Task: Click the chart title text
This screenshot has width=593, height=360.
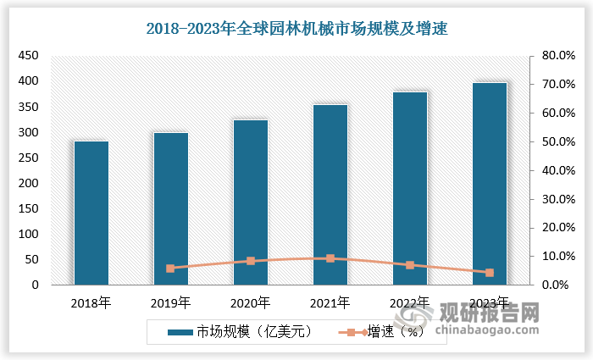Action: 296,28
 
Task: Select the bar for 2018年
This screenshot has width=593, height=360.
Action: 91,213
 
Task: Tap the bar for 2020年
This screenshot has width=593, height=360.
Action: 251,202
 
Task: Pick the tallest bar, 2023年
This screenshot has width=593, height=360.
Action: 489,184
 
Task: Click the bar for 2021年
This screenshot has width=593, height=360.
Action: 330,195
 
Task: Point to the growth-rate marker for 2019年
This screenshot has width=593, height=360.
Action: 170,269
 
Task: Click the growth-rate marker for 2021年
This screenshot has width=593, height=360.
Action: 330,258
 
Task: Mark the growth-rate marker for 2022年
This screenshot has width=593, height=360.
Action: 410,265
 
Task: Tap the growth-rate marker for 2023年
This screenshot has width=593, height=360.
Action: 489,273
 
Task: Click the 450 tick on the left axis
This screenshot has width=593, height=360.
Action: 29,56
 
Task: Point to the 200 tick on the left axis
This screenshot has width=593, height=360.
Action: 29,183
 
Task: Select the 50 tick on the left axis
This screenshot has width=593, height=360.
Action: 32,259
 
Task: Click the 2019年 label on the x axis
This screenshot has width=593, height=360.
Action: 170,302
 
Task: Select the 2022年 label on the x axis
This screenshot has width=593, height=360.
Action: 410,302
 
